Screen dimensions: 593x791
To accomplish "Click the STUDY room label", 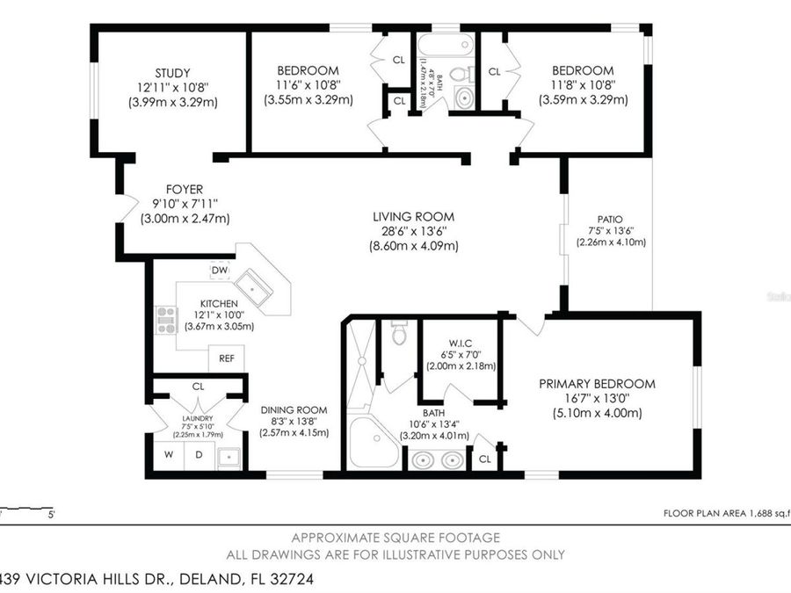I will pyautogui.click(x=171, y=72).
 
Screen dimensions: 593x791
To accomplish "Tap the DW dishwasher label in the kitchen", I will pyautogui.click(x=220, y=270).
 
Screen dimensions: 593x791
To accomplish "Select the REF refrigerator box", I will pyautogui.click(x=227, y=358).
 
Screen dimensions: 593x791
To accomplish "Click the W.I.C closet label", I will pyautogui.click(x=457, y=342).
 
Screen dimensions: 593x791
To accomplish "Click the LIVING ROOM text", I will pyautogui.click(x=413, y=216).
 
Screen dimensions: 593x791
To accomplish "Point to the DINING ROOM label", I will pyautogui.click(x=294, y=409).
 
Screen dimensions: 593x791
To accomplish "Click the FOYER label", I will pyautogui.click(x=184, y=189).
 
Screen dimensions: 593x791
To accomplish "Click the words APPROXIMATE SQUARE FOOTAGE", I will pyautogui.click(x=395, y=537).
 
